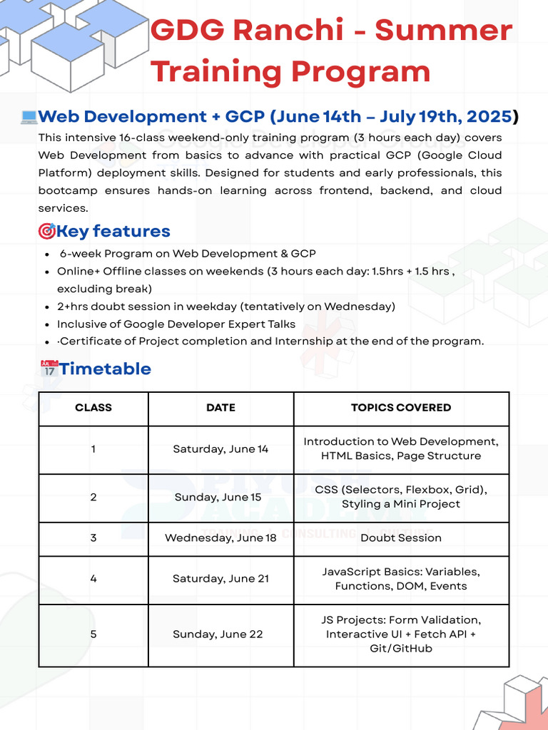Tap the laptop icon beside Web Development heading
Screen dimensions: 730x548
pyautogui.click(x=29, y=117)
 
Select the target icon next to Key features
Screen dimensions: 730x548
pyautogui.click(x=46, y=231)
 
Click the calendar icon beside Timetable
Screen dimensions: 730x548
pyautogui.click(x=49, y=369)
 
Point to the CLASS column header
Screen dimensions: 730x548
pyautogui.click(x=93, y=408)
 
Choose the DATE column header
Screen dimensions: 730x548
pyautogui.click(x=220, y=408)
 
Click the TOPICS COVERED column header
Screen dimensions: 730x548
pyautogui.click(x=401, y=408)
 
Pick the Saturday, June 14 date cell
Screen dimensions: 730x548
pyautogui.click(x=220, y=449)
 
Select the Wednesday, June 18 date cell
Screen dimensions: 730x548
pyautogui.click(x=220, y=538)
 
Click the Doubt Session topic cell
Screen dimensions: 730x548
pyautogui.click(x=401, y=538)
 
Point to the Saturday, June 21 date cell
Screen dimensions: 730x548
pyautogui.click(x=220, y=579)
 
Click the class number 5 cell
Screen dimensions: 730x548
pyautogui.click(x=93, y=634)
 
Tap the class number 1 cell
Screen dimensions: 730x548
pyautogui.click(x=93, y=449)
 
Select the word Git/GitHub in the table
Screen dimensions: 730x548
pyautogui.click(x=401, y=649)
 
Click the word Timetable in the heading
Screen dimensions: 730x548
pyautogui.click(x=105, y=369)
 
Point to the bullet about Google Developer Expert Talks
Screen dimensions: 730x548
pyautogui.click(x=176, y=324)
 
